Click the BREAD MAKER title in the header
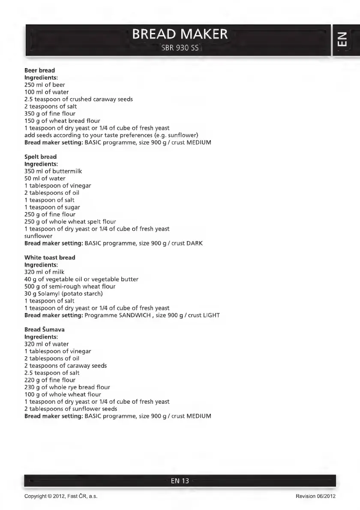point(180,34)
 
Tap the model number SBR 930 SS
point(180,48)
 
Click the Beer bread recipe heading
point(39,70)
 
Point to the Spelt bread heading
point(40,157)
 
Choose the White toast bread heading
point(50,257)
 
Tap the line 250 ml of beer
point(45,85)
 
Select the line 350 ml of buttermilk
point(53,171)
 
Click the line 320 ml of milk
point(45,272)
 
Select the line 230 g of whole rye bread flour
point(67,387)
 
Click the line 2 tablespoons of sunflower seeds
point(71,409)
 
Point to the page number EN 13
point(180,481)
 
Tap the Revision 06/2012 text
point(315,496)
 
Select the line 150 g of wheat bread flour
point(62,121)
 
